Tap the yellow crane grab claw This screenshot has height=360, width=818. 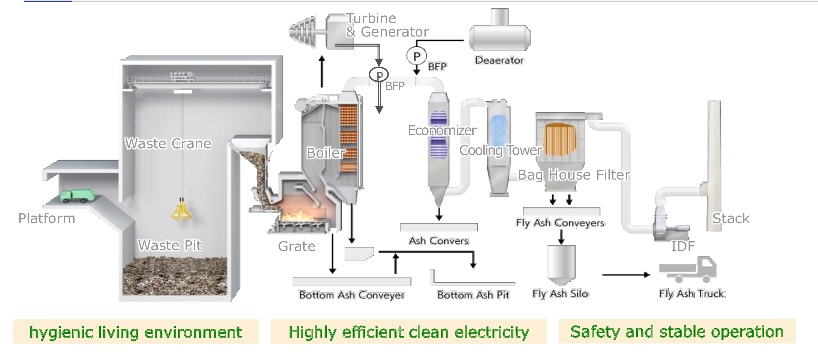coord(182,212)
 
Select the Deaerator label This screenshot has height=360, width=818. coord(499,60)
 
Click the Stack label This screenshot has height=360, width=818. coord(731,218)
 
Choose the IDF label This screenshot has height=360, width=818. coord(683,246)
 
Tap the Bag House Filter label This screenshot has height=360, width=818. coord(574,175)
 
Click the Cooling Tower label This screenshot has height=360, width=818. coord(501,150)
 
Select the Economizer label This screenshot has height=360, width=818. coord(442,130)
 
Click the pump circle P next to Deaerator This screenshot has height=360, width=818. coord(417,56)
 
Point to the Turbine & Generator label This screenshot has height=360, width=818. coord(387,25)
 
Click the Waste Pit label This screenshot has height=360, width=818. coord(170,245)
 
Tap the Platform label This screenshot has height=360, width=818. coord(47,218)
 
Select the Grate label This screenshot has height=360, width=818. coord(297,246)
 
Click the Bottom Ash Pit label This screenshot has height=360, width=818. coord(473,295)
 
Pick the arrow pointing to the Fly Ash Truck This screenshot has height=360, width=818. coord(626,275)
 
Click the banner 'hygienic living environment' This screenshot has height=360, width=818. coord(136,332)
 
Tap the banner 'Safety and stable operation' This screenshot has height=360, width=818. coord(677,331)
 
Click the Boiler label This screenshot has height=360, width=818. coord(326,153)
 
